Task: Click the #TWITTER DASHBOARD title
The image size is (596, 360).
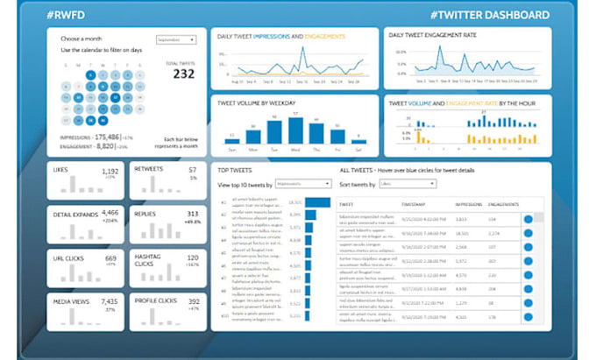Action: (491, 15)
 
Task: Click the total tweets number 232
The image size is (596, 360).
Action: (183, 74)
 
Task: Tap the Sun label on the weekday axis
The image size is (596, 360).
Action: (232, 147)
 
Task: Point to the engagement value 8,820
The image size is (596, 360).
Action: (107, 148)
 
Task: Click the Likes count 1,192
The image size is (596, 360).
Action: (110, 172)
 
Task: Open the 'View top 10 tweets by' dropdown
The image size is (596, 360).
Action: (303, 184)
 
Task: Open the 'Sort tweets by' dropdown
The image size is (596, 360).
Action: (408, 184)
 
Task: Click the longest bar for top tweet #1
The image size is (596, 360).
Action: (317, 202)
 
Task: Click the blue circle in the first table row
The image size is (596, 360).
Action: (528, 219)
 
